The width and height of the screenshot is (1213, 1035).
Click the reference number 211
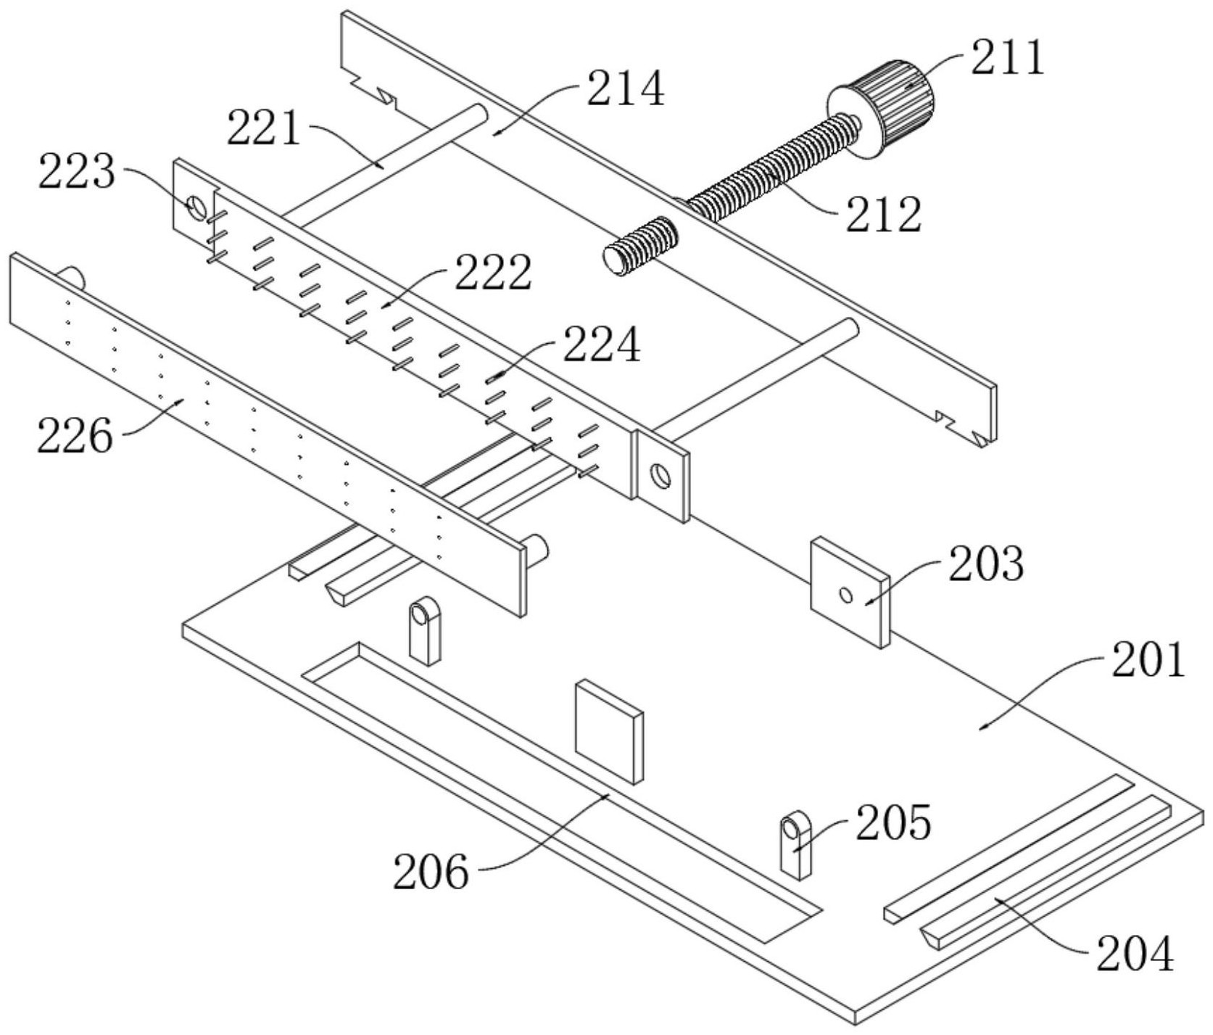pos(1008,58)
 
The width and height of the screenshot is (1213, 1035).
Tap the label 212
pos(884,215)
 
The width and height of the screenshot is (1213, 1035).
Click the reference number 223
pos(76,173)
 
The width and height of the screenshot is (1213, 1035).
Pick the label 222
pos(493,273)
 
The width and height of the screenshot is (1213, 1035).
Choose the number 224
pos(602,345)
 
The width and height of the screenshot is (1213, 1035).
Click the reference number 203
pos(986,564)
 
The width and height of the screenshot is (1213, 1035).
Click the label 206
pos(431,873)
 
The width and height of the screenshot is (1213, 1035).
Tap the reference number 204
pos(1135,954)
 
